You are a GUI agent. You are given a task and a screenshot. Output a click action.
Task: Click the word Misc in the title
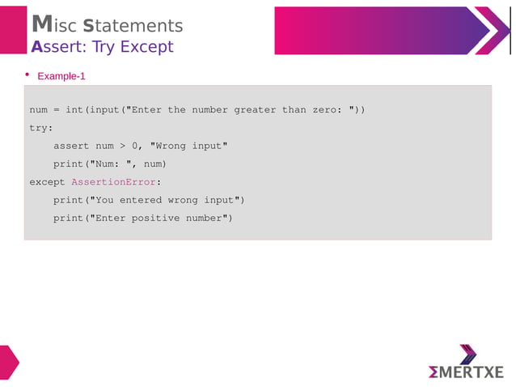point(54,26)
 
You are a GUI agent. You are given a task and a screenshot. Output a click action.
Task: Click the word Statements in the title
point(133,26)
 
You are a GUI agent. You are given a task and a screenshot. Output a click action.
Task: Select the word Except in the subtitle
point(146,47)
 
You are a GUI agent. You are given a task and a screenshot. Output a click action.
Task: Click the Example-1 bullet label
point(61,76)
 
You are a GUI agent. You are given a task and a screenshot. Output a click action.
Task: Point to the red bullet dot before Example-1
point(27,75)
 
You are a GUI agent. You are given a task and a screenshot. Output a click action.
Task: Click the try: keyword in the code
point(41,128)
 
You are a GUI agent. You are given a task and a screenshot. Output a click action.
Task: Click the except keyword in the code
point(47,182)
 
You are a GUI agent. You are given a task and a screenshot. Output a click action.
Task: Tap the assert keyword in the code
point(71,146)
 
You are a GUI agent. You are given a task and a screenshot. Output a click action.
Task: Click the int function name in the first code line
point(74,110)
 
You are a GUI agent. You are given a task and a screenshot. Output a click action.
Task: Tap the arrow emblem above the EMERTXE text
point(467,354)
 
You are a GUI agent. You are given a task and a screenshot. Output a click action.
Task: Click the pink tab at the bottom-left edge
point(8,362)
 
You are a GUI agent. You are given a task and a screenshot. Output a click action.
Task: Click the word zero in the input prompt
point(324,110)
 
